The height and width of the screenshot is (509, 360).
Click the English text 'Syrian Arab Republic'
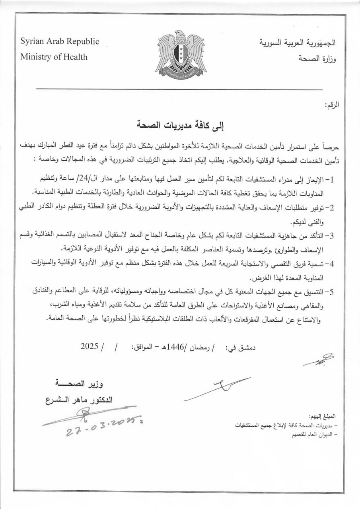click(60, 41)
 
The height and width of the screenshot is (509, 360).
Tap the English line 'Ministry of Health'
click(54, 56)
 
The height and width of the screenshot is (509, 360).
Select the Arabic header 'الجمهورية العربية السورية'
click(298, 42)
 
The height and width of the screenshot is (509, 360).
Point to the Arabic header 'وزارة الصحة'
click(317, 58)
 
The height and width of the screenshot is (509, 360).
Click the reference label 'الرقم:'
click(331, 105)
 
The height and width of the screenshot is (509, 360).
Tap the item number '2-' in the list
click(330, 208)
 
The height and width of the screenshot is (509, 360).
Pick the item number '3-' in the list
click(330, 236)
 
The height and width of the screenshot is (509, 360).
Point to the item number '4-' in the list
click(330, 263)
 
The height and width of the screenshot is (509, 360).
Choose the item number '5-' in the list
click(330, 291)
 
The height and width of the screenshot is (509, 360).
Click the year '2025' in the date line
click(89, 346)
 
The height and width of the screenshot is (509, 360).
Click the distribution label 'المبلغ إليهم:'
click(323, 417)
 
